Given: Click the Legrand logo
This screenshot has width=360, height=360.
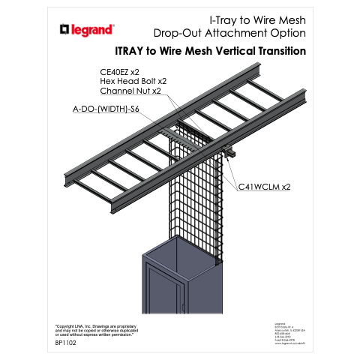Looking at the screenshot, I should (86, 30).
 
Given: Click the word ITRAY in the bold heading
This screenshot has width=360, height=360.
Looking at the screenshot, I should (133, 52).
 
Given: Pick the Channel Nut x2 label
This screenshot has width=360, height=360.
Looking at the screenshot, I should (130, 91).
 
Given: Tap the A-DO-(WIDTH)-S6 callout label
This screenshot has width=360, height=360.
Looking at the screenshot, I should (106, 109).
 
